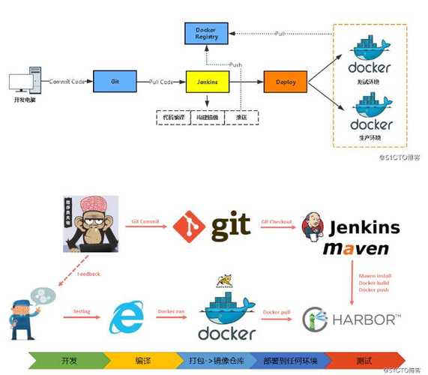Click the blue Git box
113,80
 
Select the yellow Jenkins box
206,80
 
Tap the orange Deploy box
286,81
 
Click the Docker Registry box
206,33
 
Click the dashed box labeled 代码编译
170,118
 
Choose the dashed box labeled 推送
242,118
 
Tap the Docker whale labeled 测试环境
370,54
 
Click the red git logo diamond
188,226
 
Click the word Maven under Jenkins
355,248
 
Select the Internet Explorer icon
126,318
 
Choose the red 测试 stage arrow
367,359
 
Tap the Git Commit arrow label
145,221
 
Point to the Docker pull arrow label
277,311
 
